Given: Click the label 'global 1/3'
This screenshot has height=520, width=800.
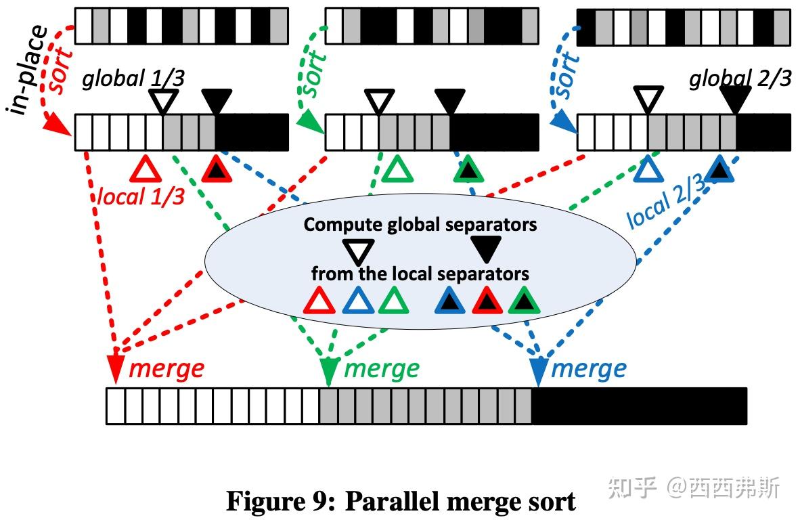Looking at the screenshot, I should click(133, 80).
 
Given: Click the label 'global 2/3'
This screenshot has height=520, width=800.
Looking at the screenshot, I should click(740, 80).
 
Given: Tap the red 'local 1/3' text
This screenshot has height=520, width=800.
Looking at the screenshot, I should click(141, 196).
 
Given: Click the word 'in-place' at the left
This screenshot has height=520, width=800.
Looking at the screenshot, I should click(27, 70).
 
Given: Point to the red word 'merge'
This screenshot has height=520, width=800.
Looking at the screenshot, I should click(166, 369).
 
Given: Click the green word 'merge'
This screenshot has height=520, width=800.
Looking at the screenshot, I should click(382, 369).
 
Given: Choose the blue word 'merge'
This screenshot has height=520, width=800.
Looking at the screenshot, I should click(589, 369).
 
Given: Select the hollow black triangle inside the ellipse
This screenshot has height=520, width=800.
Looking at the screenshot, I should click(357, 251).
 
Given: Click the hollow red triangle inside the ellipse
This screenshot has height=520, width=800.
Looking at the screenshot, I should click(319, 301).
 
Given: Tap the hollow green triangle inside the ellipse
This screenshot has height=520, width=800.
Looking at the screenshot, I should click(393, 301).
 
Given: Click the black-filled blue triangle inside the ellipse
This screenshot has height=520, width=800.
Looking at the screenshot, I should click(449, 301).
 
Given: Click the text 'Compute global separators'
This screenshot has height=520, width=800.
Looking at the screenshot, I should click(420, 224).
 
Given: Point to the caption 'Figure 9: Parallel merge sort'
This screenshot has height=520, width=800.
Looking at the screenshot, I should click(401, 502).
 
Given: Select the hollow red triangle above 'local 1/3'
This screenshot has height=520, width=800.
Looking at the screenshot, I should click(146, 169).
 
